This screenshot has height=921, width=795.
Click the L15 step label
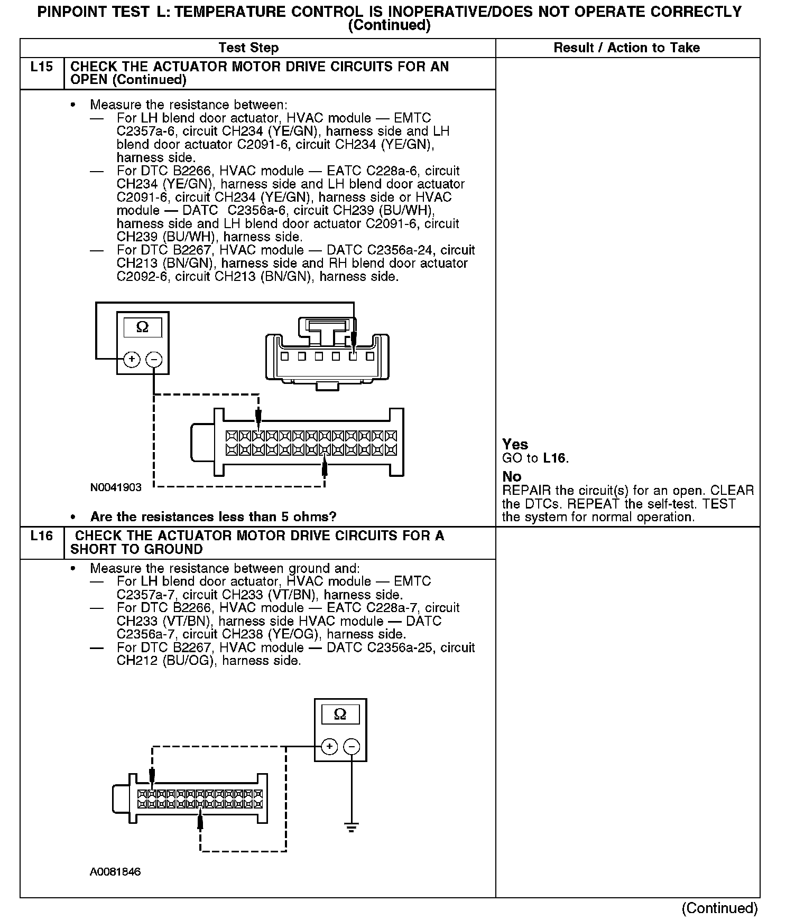pos(42,67)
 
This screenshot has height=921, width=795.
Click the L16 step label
pos(42,536)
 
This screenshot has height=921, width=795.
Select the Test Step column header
pos(248,48)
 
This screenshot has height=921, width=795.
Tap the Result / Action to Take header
pos(626,48)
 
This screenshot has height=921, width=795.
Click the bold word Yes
pos(515,444)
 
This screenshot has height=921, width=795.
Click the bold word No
pos(512,476)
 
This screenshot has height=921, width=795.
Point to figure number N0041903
pos(116,487)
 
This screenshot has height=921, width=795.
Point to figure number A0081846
pos(115,872)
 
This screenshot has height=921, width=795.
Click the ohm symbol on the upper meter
pos(142,327)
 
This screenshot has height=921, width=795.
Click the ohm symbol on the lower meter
pos(340,715)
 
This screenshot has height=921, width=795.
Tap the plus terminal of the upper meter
pos(132,360)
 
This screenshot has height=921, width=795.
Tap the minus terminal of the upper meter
pos(154,360)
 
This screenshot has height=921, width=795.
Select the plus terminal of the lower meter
pos(329,746)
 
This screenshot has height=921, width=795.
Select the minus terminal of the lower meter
pos(352,746)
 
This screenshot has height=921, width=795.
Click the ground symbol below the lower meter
pos(352,827)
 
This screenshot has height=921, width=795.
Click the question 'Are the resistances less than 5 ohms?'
pos(213,516)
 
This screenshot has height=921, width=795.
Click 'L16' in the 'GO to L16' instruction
pos(555,458)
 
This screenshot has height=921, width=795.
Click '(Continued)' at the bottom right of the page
pos(720,908)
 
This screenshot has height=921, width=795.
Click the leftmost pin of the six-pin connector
pos(284,356)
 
